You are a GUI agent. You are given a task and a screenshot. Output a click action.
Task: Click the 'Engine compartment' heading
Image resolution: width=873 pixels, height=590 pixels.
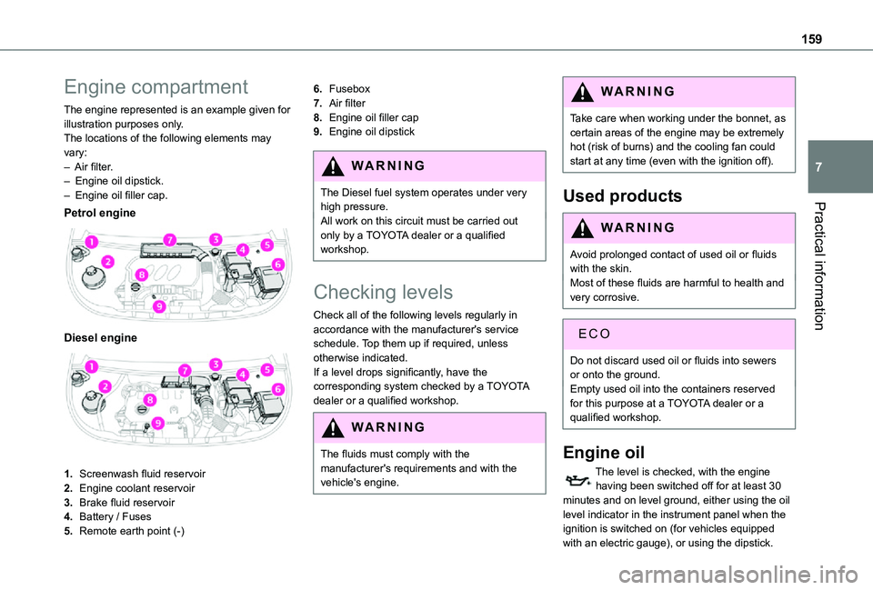156,88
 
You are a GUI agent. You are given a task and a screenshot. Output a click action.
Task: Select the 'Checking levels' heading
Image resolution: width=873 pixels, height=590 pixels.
382,293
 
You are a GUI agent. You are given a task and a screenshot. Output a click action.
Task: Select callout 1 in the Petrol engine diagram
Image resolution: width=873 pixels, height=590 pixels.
92,241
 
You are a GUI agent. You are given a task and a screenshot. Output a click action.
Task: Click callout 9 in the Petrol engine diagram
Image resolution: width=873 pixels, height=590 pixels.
159,306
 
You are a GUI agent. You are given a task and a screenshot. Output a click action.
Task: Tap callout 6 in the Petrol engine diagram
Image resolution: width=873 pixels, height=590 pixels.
278,263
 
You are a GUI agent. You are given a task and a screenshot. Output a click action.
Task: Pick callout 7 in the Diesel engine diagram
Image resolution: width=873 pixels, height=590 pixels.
184,371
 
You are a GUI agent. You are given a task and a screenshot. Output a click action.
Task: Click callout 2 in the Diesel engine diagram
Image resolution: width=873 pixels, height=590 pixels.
105,387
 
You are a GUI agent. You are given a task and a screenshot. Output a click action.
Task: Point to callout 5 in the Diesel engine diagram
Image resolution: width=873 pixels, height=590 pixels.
267,369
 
